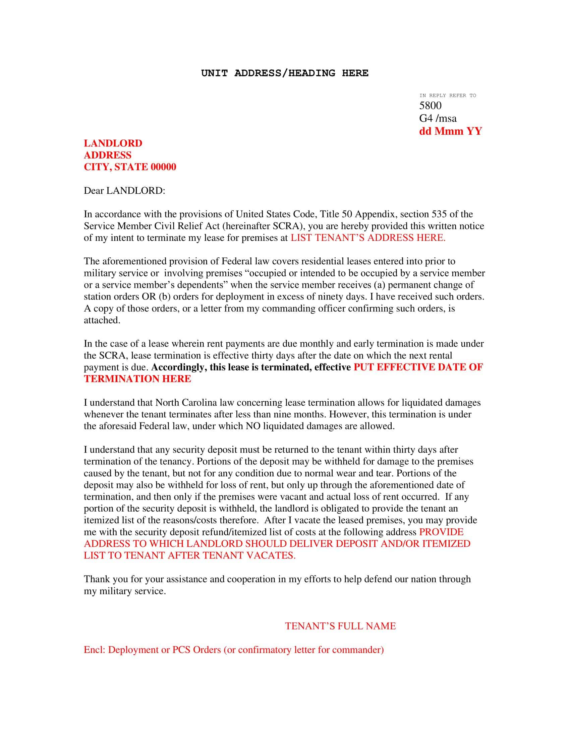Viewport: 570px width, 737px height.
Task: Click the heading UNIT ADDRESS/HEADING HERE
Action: click(x=285, y=73)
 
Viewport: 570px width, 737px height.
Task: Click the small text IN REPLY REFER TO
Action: click(x=447, y=95)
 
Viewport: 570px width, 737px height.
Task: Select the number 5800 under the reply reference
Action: click(x=430, y=106)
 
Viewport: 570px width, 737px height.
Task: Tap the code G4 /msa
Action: click(x=438, y=119)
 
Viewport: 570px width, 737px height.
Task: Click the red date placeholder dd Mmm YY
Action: click(x=450, y=131)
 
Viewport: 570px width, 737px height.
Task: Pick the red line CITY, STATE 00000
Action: click(x=130, y=167)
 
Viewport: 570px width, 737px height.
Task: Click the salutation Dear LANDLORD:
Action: click(x=124, y=191)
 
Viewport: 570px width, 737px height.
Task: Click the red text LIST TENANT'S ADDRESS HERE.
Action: click(x=368, y=238)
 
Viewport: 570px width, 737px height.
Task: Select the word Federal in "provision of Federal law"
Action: click(x=237, y=261)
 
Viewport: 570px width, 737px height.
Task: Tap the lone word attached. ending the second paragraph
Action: click(x=102, y=320)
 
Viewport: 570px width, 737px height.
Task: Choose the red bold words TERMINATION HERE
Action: click(x=137, y=379)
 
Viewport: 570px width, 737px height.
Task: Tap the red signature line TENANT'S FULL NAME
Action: click(x=340, y=626)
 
